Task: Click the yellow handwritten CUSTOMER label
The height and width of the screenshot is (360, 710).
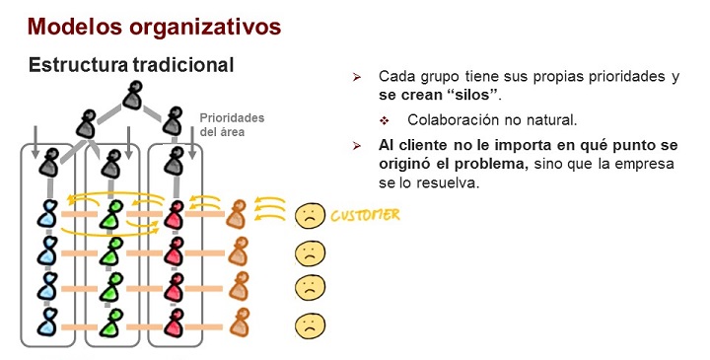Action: (x=365, y=214)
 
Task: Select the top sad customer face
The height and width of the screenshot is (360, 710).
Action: (x=309, y=216)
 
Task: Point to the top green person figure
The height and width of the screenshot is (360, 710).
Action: (x=113, y=215)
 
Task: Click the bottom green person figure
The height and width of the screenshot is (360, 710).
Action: (x=113, y=323)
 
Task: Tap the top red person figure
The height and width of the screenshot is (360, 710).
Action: (x=176, y=215)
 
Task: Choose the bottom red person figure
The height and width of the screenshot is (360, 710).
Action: (x=176, y=323)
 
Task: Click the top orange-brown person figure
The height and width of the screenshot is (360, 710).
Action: (x=237, y=215)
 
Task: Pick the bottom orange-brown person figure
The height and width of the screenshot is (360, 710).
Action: (x=237, y=323)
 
